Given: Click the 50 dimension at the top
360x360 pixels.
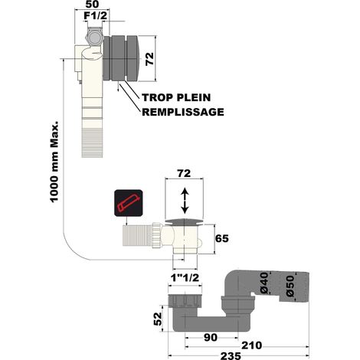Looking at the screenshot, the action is click(92, 5).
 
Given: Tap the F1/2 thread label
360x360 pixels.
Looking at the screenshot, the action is click(96, 15).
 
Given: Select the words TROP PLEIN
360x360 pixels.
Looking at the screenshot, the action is click(176, 97).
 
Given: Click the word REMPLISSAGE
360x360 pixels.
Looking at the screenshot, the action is click(183, 112).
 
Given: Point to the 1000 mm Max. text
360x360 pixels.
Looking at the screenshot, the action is click(54, 162).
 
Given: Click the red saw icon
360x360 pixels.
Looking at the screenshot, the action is click(128, 203).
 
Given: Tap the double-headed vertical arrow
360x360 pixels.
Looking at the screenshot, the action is click(185, 201).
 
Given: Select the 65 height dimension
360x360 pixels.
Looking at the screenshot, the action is click(222, 238).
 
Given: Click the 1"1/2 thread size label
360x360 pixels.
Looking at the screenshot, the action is click(185, 278).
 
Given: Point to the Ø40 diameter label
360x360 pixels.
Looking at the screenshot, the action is click(265, 283).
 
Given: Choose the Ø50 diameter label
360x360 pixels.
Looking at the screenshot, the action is click(290, 286).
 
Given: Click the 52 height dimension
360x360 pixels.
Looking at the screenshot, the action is click(158, 319).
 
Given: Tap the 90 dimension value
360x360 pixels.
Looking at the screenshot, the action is click(211, 338).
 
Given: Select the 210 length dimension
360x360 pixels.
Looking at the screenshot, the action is click(252, 345).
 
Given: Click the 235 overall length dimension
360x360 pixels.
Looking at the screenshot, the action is click(231, 355).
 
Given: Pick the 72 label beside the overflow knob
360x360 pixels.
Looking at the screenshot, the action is click(149, 59).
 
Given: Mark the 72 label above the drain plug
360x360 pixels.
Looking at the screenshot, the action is click(184, 173).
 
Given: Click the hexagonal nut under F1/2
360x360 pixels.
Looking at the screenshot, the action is click(94, 38).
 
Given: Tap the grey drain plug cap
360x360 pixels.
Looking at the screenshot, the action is click(184, 222).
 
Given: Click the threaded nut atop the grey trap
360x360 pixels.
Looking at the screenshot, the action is click(185, 300).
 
